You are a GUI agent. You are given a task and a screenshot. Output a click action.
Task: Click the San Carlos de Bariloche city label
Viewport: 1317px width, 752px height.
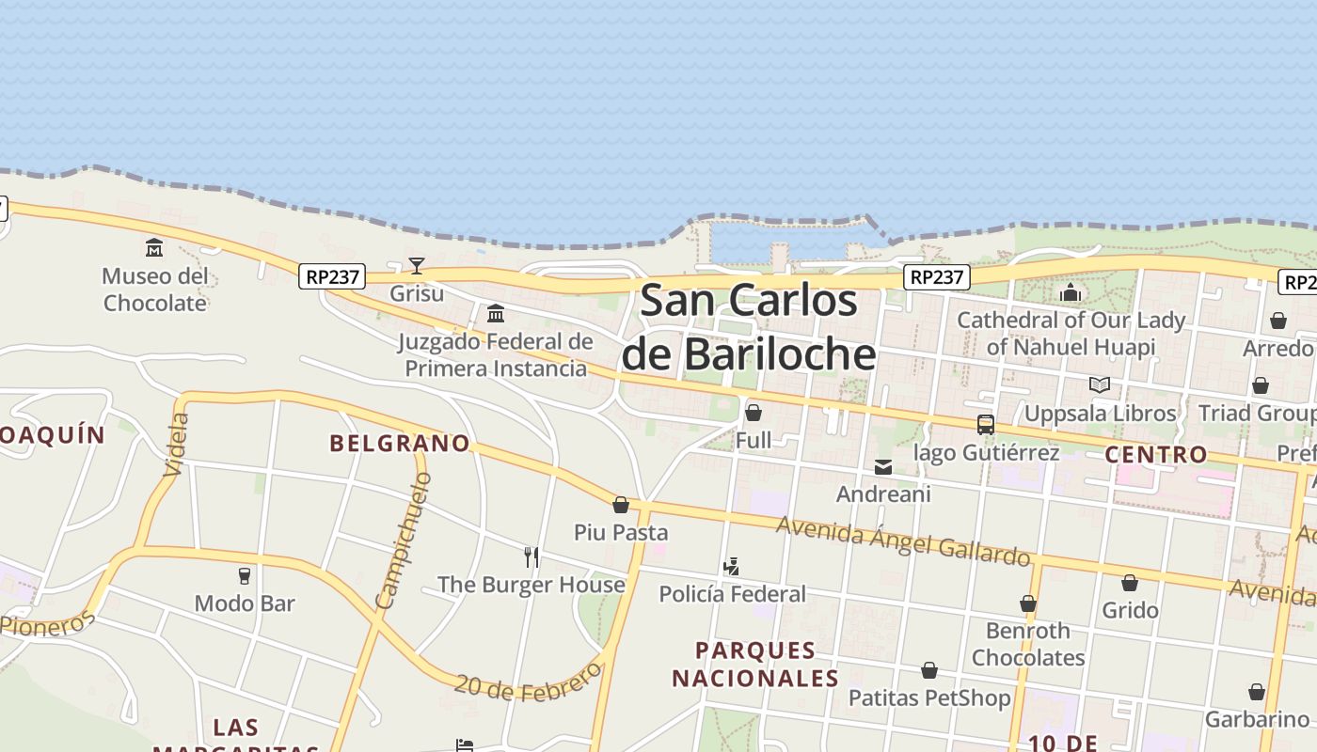pos(749,327)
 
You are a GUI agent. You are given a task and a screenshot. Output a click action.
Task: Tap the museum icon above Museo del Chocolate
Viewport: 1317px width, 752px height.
pos(154,248)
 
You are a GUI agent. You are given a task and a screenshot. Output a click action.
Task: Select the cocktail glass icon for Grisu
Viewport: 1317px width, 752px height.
pos(417,266)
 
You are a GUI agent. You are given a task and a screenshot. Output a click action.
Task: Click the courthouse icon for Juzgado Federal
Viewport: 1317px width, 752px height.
pos(496,313)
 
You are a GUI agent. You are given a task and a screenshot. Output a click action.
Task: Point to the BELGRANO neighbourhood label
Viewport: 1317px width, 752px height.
pos(400,443)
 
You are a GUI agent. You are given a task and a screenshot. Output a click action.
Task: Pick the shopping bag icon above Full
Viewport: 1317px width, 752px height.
pos(754,413)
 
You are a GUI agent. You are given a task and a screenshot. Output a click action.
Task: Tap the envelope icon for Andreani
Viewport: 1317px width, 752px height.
pos(883,467)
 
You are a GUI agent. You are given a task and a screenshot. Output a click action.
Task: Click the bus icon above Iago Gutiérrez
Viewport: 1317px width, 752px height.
pos(986,425)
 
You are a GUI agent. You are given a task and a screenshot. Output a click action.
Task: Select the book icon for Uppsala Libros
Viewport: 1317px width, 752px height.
pos(1099,384)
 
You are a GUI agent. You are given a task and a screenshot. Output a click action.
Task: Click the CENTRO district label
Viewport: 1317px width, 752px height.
pos(1156,455)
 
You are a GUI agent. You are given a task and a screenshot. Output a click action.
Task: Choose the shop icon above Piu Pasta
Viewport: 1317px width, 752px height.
pos(621,506)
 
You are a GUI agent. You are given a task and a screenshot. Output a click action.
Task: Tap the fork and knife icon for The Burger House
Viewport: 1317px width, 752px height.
pos(532,557)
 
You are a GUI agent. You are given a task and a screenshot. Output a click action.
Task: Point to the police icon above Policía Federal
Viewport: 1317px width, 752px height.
pos(732,566)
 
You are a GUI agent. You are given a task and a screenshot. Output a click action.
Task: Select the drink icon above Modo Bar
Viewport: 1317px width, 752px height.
pos(245,575)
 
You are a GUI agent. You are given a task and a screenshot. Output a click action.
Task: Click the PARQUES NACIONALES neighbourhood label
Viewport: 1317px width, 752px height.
pos(755,664)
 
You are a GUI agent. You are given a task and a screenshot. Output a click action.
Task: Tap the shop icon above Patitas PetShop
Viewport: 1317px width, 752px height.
pos(929,670)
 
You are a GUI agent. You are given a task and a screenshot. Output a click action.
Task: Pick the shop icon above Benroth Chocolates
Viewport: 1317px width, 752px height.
pos(1028,603)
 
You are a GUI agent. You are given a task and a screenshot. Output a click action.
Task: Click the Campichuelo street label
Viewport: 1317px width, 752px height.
pos(403,540)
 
